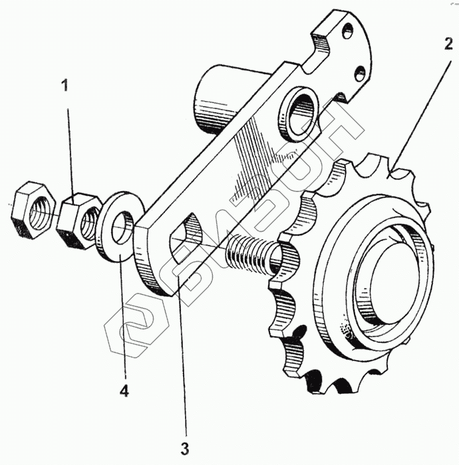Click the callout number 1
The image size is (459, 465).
[x=65, y=86]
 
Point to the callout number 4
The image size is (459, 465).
[x=124, y=391]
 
